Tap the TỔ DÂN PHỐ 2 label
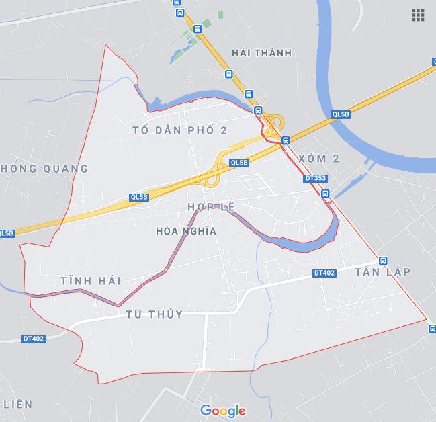click(179, 130)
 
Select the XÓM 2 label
click(319, 158)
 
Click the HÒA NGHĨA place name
click(185, 230)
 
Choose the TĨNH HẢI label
click(90, 281)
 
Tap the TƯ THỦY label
click(154, 314)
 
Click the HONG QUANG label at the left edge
click(45, 169)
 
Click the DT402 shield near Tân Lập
click(324, 273)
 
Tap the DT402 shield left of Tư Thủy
click(34, 339)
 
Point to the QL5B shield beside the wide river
click(341, 115)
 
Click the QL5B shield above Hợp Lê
click(238, 163)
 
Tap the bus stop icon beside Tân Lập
click(382, 261)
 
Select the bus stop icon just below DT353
click(325, 194)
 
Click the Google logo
click(223, 411)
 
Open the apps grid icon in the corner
click(418, 15)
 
